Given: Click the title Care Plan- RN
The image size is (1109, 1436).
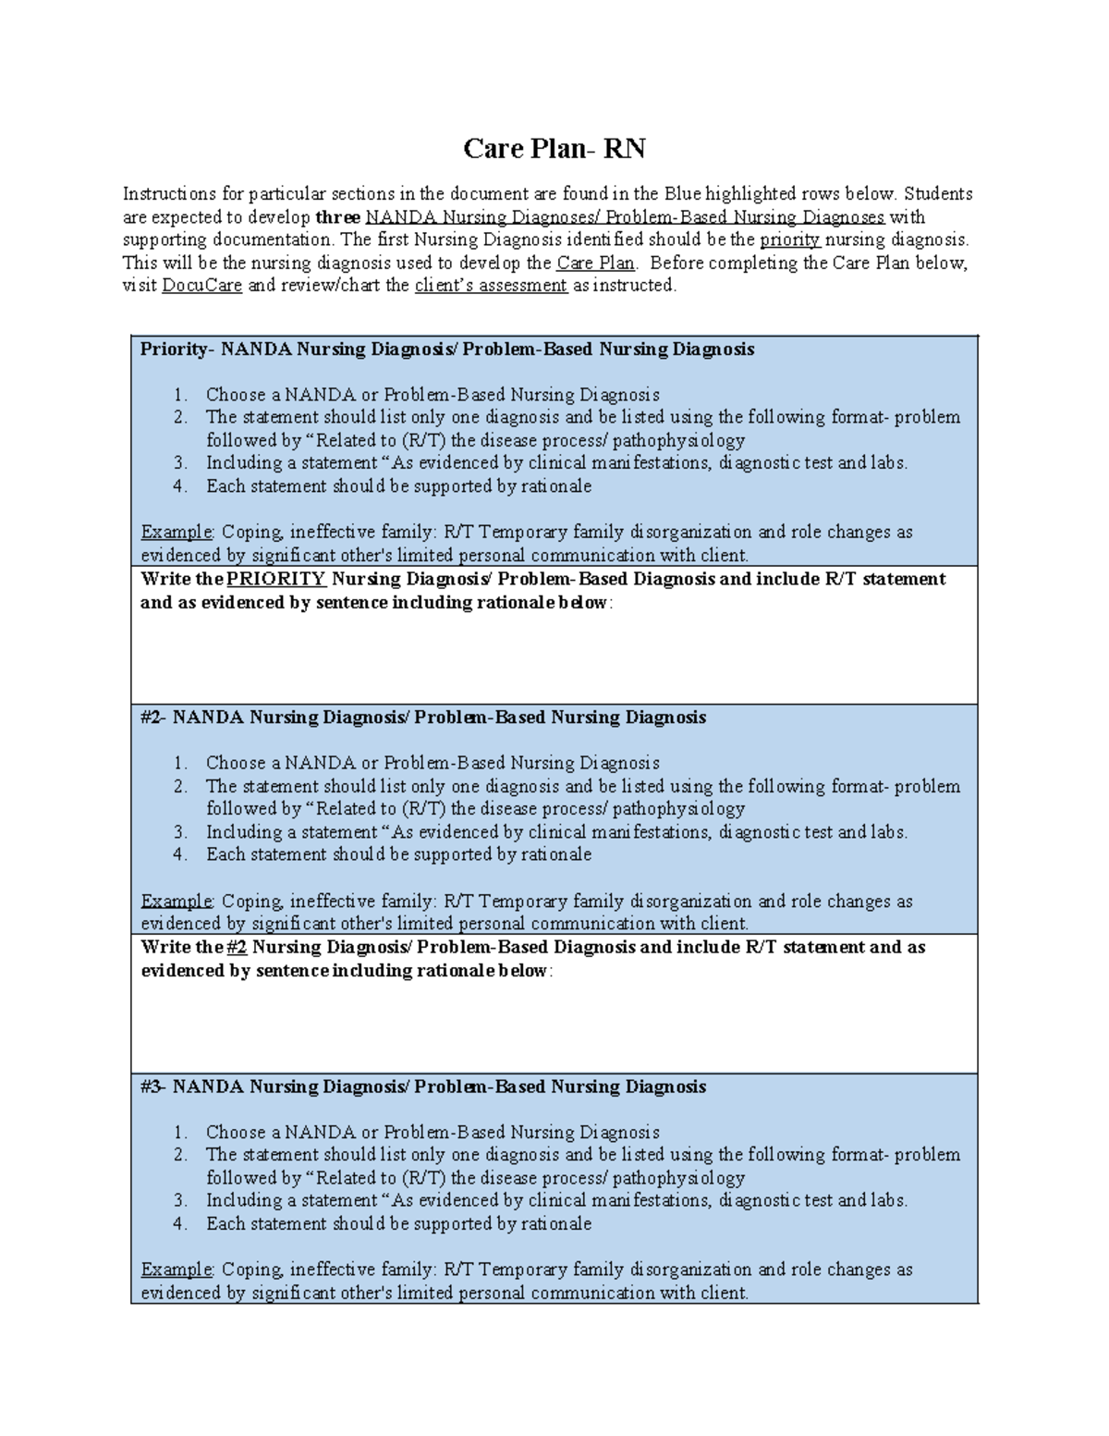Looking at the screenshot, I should [554, 148].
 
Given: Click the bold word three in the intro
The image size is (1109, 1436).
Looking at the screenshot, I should [337, 217].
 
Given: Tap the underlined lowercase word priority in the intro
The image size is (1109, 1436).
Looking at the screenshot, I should [789, 239].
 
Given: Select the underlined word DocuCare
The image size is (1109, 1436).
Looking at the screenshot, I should [201, 286].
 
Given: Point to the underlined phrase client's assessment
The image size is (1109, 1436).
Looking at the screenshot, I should [491, 286].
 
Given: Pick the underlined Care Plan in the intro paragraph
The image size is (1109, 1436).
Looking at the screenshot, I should [595, 263].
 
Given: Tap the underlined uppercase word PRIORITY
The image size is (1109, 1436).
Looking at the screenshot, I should [275, 579].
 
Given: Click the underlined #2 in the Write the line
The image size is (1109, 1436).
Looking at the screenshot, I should [236, 947].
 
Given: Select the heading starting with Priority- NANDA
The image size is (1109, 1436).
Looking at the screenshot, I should [447, 350].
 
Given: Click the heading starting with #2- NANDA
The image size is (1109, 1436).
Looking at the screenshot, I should [423, 718].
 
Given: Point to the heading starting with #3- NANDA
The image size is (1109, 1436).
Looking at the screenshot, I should [423, 1086].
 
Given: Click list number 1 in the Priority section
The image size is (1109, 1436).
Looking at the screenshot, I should [180, 395].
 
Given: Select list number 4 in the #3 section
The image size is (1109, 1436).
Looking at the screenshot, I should [180, 1224].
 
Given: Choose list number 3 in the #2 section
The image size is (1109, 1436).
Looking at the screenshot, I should [180, 832].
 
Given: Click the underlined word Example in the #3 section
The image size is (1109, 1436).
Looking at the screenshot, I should [177, 1270].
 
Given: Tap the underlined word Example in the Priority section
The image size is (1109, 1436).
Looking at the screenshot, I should [177, 533].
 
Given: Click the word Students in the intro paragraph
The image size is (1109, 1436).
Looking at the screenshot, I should [937, 194].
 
